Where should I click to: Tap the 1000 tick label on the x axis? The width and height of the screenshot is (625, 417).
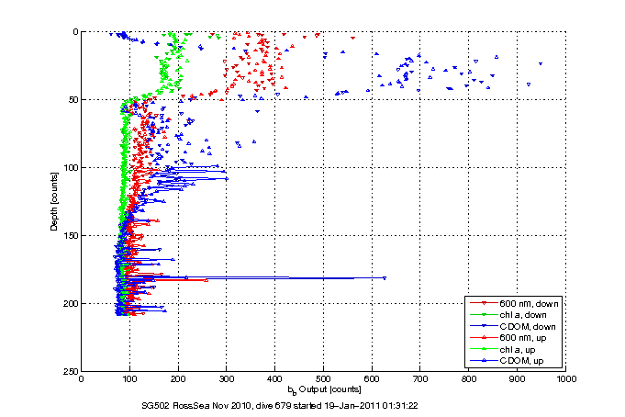click(x=565, y=378)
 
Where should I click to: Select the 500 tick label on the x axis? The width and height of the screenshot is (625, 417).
click(x=324, y=378)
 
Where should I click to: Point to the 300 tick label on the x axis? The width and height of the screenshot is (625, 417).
click(x=227, y=378)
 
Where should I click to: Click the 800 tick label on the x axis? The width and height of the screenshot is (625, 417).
click(x=469, y=378)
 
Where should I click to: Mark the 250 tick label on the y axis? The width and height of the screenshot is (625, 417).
click(x=71, y=371)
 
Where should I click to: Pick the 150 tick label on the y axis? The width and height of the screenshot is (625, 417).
click(x=71, y=235)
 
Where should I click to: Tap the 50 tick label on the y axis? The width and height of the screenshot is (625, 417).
click(x=73, y=99)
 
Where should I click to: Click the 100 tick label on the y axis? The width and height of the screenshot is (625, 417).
click(x=71, y=167)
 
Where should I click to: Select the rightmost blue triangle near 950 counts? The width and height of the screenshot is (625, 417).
click(x=540, y=63)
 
